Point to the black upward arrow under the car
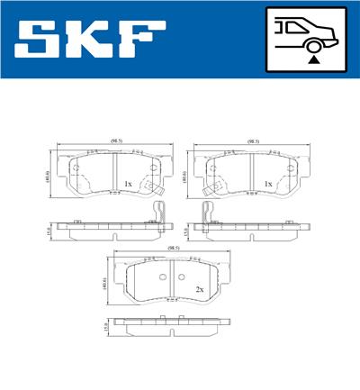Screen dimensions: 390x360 click(313, 59)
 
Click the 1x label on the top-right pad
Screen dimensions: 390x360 click(267, 184)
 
